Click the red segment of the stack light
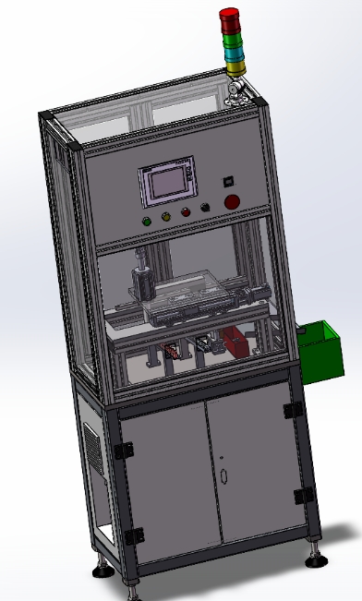pyautogui.click(x=229, y=17)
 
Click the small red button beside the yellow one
pyautogui.click(x=185, y=212)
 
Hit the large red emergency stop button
pyautogui.click(x=233, y=201)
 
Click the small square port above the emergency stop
pyautogui.click(x=228, y=181)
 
